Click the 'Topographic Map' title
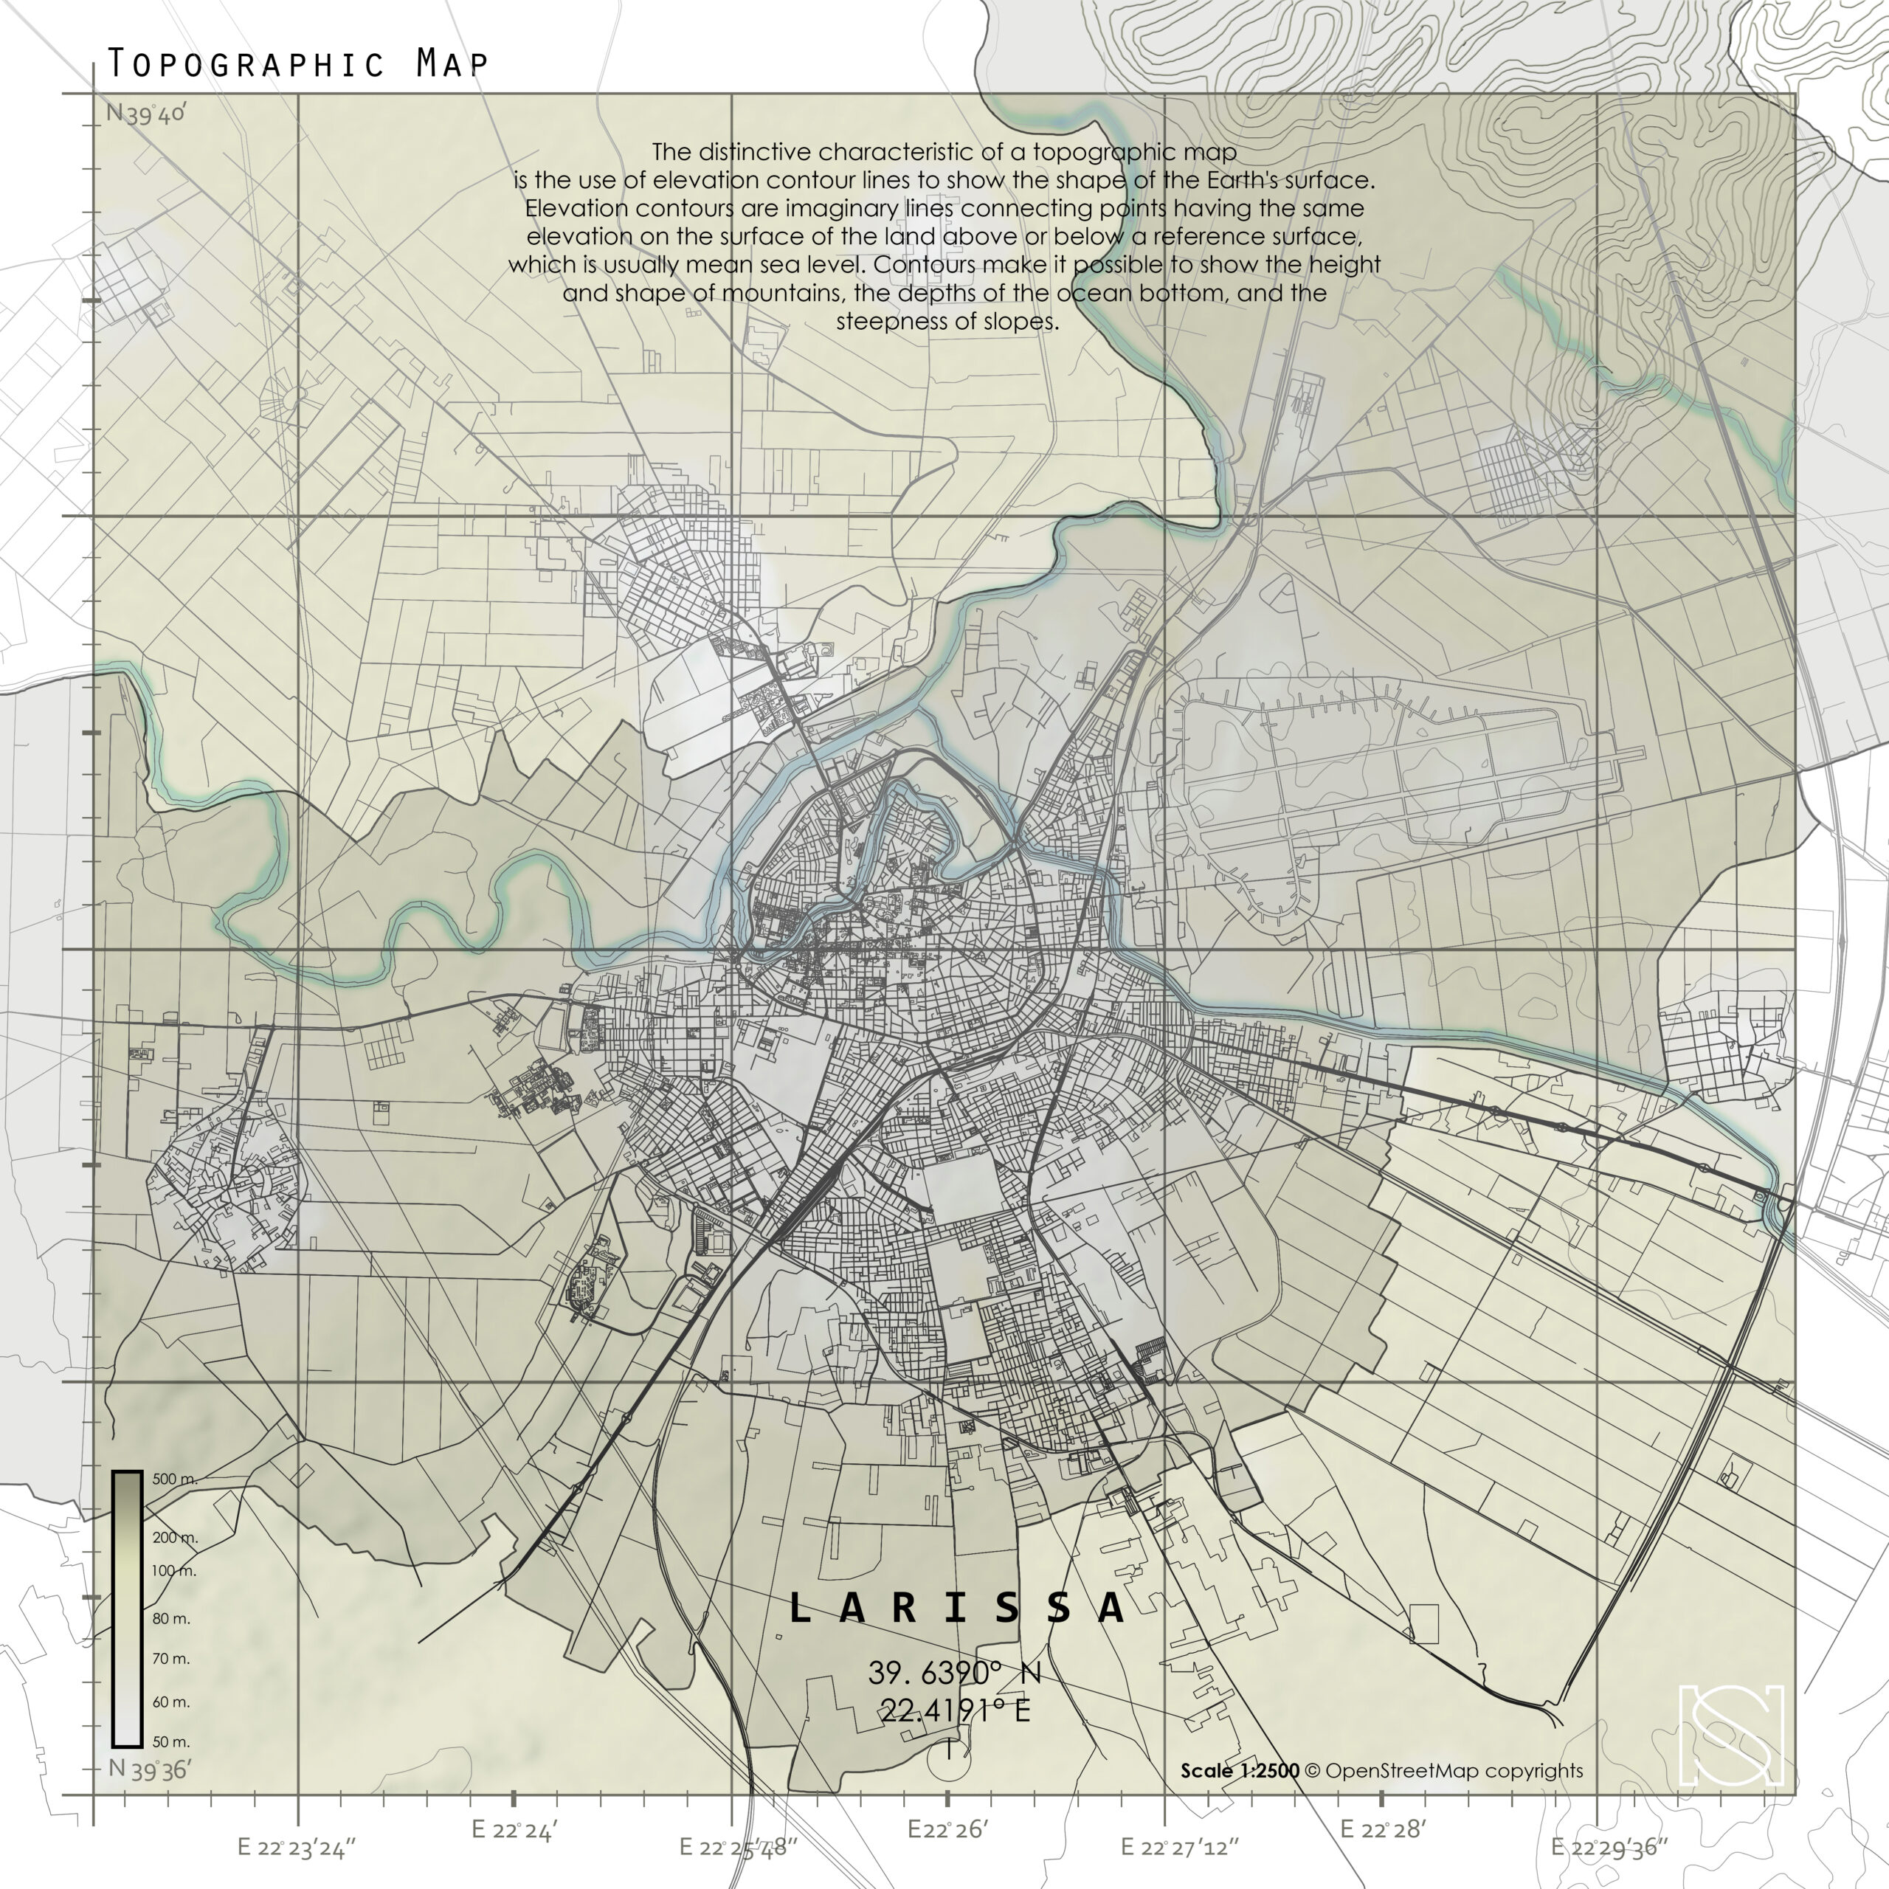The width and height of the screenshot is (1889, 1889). coord(297,63)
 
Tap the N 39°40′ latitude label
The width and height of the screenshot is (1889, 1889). coord(145,114)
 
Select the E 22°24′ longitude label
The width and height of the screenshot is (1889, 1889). coord(514,1829)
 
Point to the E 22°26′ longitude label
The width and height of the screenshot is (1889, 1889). coord(948,1829)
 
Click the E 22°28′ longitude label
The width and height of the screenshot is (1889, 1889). coord(1383,1829)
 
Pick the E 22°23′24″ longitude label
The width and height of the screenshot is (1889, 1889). coord(297,1847)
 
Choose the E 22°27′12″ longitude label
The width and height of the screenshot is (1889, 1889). coord(1179,1847)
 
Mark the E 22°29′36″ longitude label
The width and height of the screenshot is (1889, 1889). coord(1609,1847)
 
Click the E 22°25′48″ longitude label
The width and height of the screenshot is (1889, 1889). coord(739,1847)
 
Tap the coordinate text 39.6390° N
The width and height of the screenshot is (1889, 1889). coord(954,1673)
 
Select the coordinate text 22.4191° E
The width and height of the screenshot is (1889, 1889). coord(954,1710)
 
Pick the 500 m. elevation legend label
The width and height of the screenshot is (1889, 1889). coord(175,1479)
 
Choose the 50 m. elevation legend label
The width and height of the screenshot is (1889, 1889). coord(171,1742)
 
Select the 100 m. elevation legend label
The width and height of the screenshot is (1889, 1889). coord(174,1571)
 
